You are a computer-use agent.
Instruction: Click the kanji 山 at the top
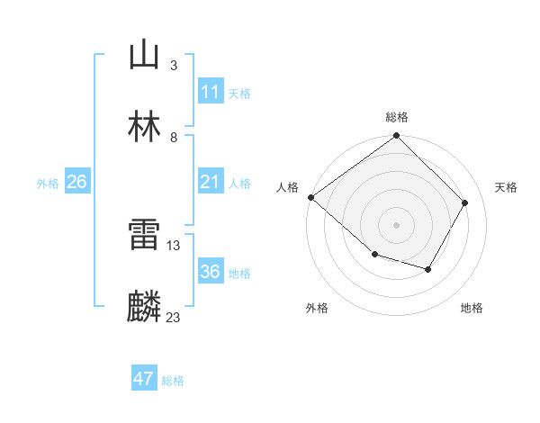click(144, 55)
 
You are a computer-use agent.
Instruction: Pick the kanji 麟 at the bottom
click(144, 307)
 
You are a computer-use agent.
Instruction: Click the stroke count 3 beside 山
click(173, 66)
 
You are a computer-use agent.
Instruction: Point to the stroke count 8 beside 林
click(173, 137)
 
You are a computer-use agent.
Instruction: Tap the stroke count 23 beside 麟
click(173, 317)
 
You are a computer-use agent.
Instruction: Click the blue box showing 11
click(210, 92)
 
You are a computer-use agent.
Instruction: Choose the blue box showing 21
click(210, 182)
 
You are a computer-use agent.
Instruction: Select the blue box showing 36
click(210, 272)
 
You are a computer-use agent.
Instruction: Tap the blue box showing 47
click(144, 379)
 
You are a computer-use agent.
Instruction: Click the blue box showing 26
click(76, 182)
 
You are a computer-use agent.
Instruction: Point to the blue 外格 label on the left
click(48, 183)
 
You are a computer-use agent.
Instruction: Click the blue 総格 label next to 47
click(173, 381)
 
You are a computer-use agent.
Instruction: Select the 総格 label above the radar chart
click(397, 117)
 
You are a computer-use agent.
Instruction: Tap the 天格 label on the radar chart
click(506, 187)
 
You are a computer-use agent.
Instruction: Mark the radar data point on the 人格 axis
click(310, 197)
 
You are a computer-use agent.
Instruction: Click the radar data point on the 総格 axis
click(397, 136)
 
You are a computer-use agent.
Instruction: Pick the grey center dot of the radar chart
click(397, 224)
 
